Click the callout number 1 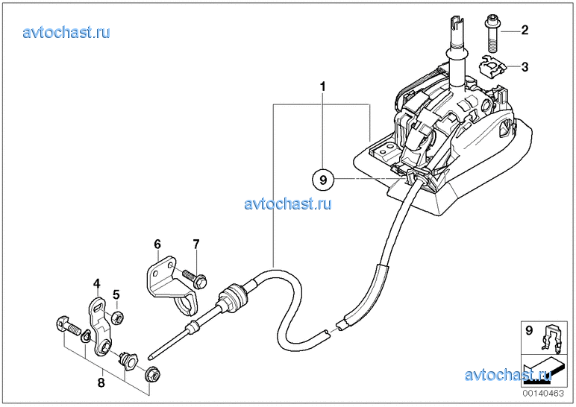coord(322,87)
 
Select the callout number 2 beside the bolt coord(525,31)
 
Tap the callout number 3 coord(525,67)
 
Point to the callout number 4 coord(96,283)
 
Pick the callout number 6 coord(157,244)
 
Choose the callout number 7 coord(195,244)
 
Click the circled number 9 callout coord(323,179)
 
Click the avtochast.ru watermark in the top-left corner coord(66,32)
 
